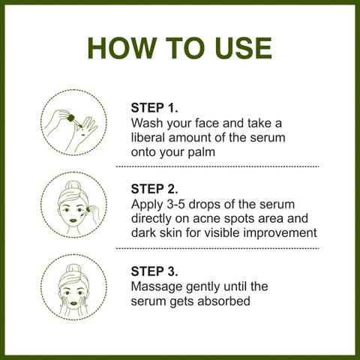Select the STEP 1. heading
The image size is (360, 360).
tap(154, 108)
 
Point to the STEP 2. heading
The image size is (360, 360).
tap(154, 189)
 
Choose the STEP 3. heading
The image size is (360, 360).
tap(154, 271)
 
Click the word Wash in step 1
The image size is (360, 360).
tap(147, 123)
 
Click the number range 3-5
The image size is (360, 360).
tap(175, 204)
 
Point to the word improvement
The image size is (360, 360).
tap(280, 233)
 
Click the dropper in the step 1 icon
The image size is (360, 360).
tap(74, 121)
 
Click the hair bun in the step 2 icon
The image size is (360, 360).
tap(73, 187)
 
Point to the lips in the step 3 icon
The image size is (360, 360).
tap(73, 303)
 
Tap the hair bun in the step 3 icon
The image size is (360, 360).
tap(74, 269)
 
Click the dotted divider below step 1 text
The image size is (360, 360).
tap(217, 166)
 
